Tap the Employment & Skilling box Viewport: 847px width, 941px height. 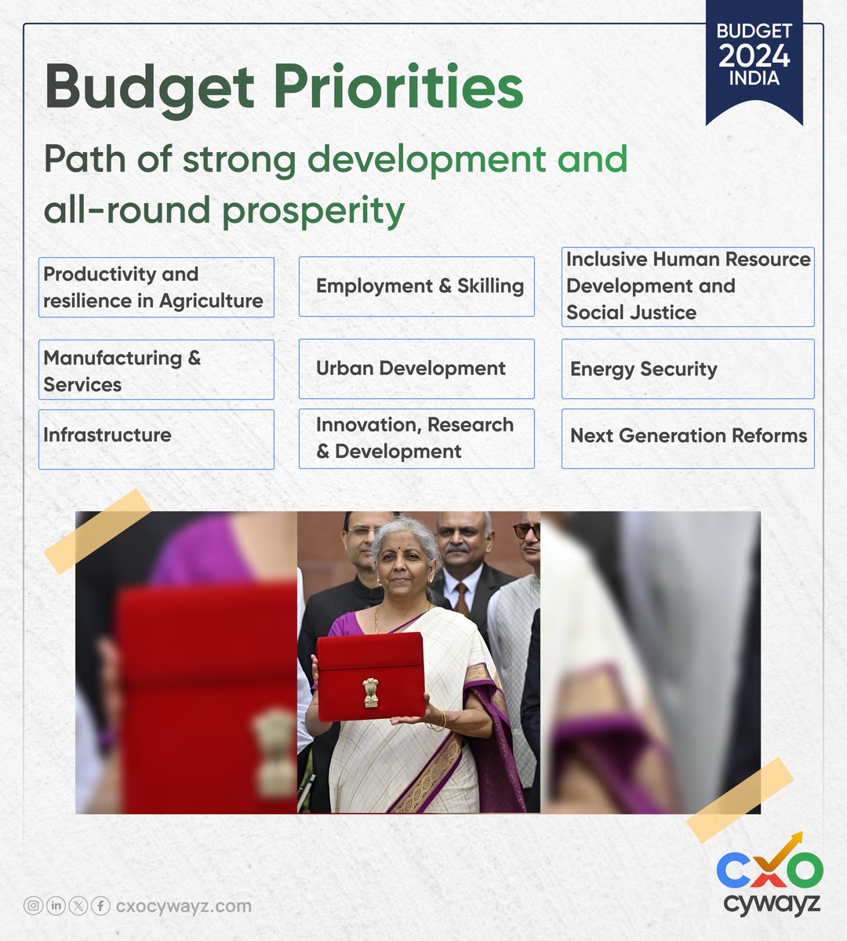pos(416,286)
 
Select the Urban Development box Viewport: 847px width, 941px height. pos(416,369)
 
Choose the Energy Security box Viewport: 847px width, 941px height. pos(688,369)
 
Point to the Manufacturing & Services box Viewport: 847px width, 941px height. pos(156,370)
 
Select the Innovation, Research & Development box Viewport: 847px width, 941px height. pos(416,438)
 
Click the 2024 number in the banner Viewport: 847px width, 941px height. pos(754,56)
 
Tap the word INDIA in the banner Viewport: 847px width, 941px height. pos(754,79)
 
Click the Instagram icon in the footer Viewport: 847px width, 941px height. pos(33,906)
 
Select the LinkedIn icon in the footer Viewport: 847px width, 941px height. pos(56,906)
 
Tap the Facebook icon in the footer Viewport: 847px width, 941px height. pos(100,906)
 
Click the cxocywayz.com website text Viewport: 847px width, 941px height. pos(184,906)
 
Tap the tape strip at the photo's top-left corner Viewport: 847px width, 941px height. pos(97,530)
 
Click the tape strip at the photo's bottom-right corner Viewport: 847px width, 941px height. pos(739,800)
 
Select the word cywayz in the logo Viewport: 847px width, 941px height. pos(771,903)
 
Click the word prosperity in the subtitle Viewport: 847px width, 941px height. pos(313,210)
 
